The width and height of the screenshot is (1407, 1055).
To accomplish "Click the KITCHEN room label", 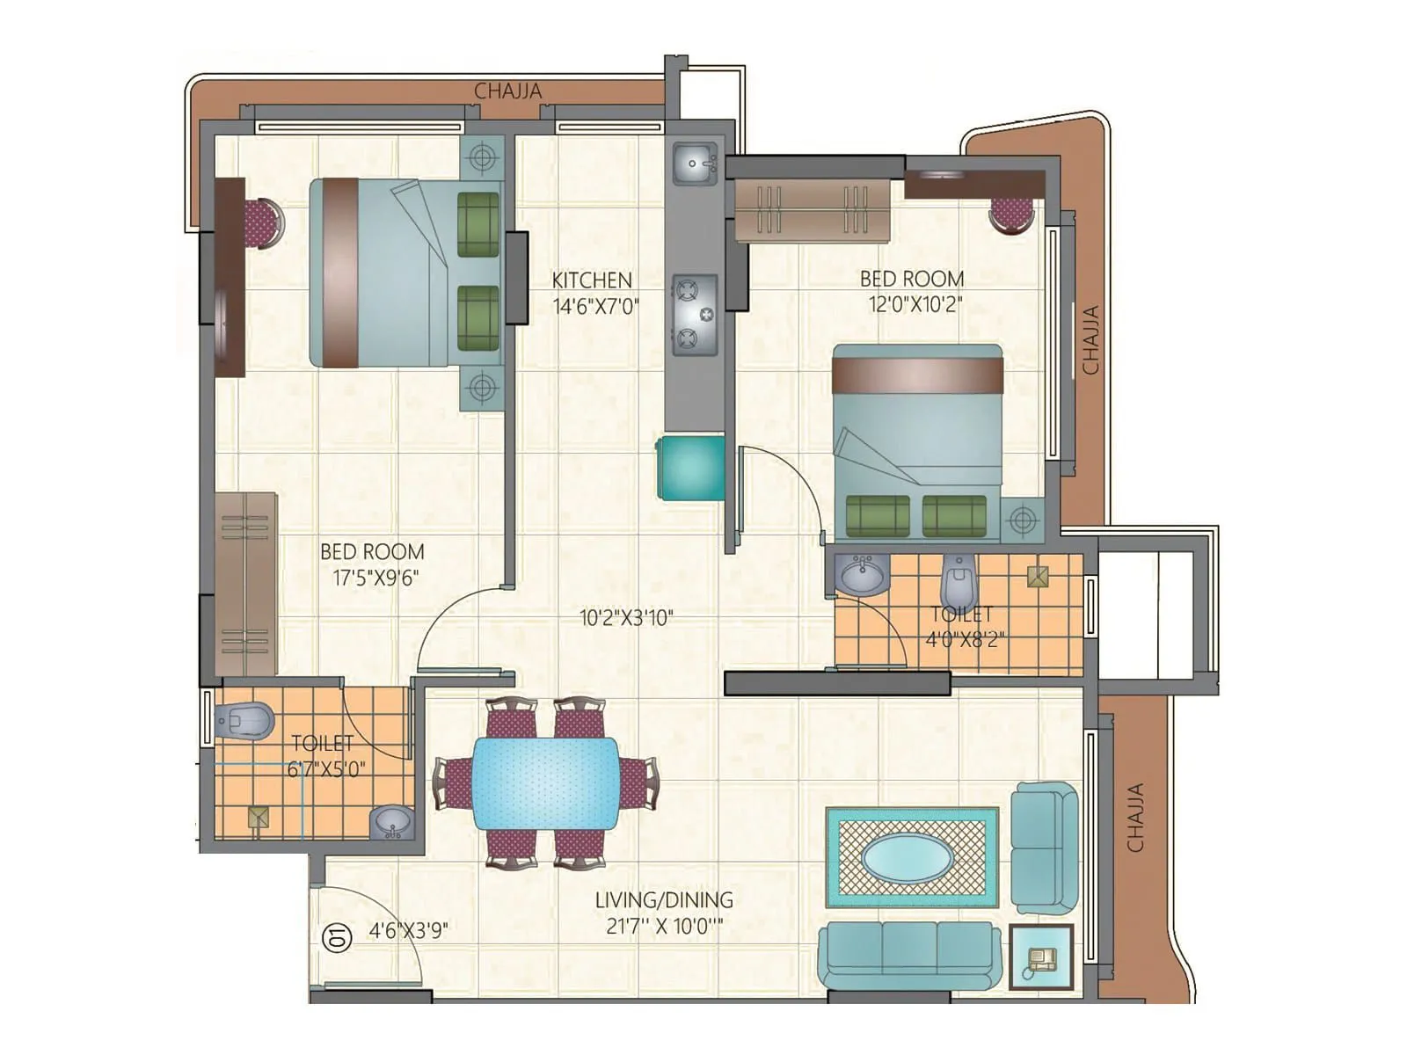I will [x=592, y=280].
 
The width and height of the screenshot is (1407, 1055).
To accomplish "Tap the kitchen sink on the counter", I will [x=696, y=164].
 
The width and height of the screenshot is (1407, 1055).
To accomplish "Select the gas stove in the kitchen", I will [x=695, y=314].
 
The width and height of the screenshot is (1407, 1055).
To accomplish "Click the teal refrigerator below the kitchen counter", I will [x=692, y=468].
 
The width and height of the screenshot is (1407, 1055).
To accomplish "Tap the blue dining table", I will [x=545, y=782].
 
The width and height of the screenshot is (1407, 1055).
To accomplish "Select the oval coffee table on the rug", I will [x=911, y=857].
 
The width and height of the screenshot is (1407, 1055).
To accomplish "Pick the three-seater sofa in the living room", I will [x=910, y=956].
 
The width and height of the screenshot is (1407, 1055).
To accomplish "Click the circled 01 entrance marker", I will [x=338, y=937].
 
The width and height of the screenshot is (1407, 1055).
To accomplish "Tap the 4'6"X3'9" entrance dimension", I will [x=408, y=931].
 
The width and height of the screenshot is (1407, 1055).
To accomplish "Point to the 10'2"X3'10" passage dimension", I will [x=626, y=618].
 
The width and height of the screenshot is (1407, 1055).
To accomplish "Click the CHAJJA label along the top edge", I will [x=508, y=91].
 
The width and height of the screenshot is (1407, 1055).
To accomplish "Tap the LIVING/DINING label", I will [x=664, y=900].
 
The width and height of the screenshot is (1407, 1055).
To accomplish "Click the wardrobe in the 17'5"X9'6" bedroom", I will [x=245, y=584].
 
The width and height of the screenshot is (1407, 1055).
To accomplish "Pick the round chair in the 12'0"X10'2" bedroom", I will [x=1011, y=214].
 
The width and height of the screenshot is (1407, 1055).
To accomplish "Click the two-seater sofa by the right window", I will [x=1044, y=848].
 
